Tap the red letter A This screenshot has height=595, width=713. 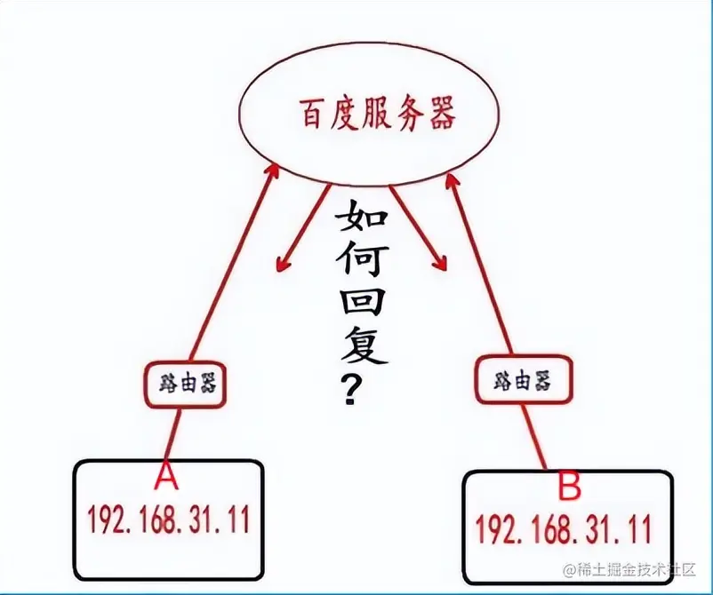click(165, 477)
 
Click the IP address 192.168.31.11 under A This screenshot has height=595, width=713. click(167, 518)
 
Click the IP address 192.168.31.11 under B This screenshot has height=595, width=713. click(563, 529)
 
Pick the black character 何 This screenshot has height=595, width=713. click(363, 264)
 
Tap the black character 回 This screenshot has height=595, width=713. click(362, 306)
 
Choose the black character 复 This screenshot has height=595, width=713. click(363, 350)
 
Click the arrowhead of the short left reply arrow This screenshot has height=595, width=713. click(282, 263)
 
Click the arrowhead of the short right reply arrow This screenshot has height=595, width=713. click(437, 262)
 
